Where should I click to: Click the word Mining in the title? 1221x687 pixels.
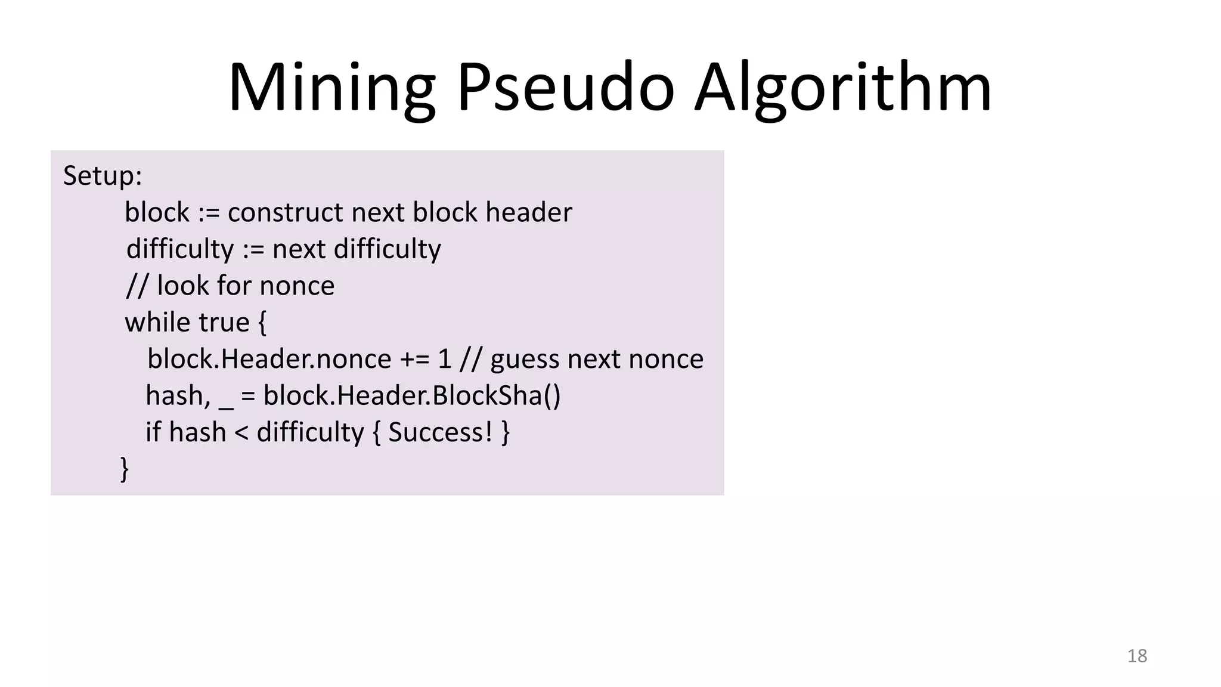click(x=331, y=88)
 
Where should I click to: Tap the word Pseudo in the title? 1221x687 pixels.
click(x=565, y=88)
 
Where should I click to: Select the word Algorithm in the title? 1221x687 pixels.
click(x=843, y=88)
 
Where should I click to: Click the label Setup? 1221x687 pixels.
click(x=103, y=176)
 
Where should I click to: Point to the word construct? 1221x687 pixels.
click(x=286, y=213)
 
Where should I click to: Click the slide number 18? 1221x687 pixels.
click(x=1137, y=656)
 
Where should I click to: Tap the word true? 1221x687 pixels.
click(x=224, y=323)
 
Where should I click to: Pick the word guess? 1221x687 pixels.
click(x=525, y=360)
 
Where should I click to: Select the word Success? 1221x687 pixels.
click(x=440, y=432)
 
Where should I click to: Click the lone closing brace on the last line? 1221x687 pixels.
click(x=124, y=469)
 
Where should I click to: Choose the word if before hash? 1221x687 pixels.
click(x=153, y=432)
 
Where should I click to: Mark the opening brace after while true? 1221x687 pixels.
click(x=262, y=323)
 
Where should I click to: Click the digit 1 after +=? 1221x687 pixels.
click(x=445, y=360)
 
